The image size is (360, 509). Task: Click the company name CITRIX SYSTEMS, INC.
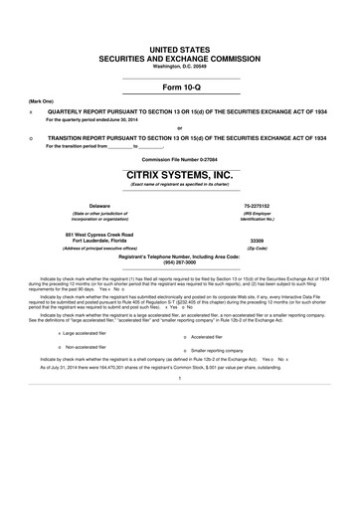[x=180, y=174]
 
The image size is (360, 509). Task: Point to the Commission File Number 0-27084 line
[x=180, y=158]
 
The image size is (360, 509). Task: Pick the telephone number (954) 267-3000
[x=180, y=264]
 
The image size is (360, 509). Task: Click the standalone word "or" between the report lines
[x=180, y=127]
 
